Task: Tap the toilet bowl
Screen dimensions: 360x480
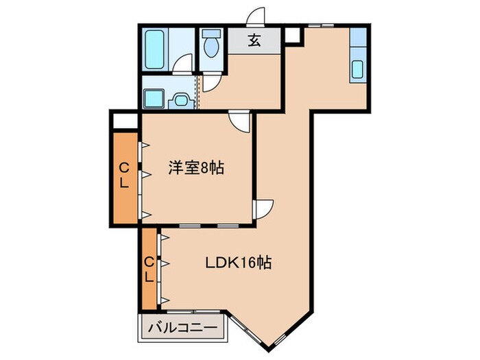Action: point(211,48)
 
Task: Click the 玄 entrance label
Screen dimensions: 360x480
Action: point(254,40)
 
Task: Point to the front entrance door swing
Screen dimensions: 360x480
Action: point(256,16)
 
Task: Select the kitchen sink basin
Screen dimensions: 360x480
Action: point(358,69)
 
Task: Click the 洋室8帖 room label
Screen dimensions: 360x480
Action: point(198,169)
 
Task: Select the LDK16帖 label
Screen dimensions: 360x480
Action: point(239,262)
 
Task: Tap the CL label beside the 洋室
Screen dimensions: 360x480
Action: point(123,176)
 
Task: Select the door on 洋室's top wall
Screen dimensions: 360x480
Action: point(240,121)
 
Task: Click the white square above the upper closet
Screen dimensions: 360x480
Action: point(125,121)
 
